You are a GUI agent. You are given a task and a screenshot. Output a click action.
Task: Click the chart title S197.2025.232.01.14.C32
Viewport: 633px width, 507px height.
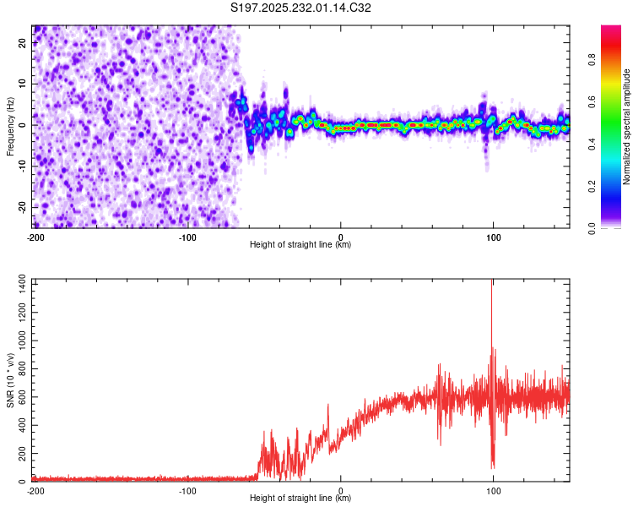301,8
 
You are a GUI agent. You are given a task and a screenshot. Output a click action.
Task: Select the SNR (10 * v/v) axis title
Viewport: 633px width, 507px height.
10,379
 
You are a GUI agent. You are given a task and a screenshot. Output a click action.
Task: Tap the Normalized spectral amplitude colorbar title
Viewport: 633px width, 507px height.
627,127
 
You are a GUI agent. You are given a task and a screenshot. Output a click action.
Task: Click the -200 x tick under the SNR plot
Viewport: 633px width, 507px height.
35,490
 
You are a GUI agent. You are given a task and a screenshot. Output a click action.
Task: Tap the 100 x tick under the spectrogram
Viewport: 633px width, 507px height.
493,237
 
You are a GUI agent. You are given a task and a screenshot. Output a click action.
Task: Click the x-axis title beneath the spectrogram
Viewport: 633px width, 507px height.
300,245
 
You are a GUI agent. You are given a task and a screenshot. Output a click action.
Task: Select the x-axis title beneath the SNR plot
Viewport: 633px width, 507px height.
300,499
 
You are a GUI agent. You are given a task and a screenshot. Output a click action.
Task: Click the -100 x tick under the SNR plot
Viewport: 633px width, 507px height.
187,490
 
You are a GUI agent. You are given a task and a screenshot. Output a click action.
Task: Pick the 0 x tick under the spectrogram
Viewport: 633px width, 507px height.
340,237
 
